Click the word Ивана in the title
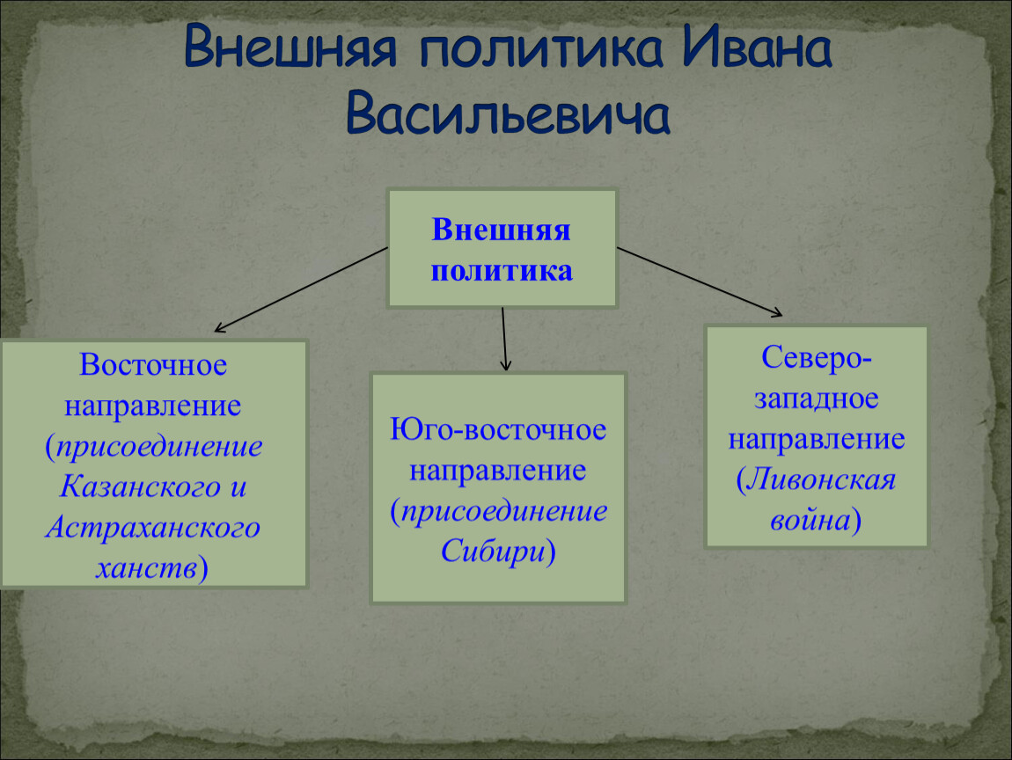point(757,47)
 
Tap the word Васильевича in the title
point(508,113)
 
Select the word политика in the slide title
point(541,47)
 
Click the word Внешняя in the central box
point(501,230)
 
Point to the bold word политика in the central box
point(502,271)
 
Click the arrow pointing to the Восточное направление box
point(301,289)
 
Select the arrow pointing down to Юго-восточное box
point(504,340)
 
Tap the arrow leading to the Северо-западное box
point(700,282)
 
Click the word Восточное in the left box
point(153,365)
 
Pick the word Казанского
point(141,486)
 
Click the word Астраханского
point(153,527)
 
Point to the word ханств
point(146,567)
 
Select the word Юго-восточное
point(497,429)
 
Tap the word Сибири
point(493,552)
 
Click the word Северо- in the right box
point(817,357)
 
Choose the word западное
point(817,399)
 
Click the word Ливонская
point(822,479)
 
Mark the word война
point(810,520)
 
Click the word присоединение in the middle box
point(504,512)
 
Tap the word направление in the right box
point(817,440)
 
